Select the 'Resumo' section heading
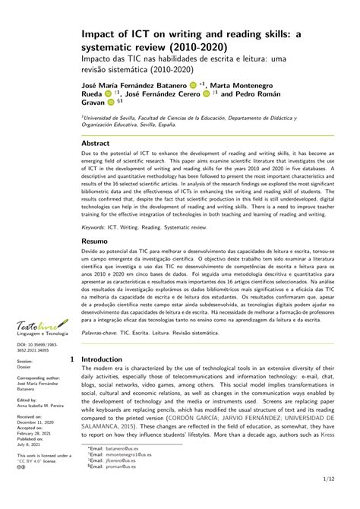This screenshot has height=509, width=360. [95, 241]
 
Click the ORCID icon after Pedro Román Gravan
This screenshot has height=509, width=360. [112, 101]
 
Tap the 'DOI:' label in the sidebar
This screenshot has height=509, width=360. [22, 344]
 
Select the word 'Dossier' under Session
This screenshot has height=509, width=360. [25, 365]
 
